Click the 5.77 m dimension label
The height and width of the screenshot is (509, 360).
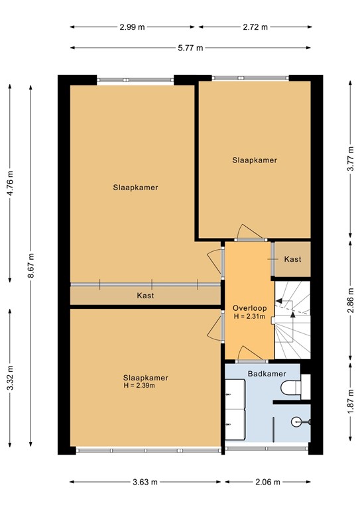point(190,48)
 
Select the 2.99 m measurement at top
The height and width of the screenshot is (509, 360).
point(133,27)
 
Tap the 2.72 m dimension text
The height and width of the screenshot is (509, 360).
point(255,27)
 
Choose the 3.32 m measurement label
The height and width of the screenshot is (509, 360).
point(10,379)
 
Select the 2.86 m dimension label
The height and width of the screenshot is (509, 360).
point(349,302)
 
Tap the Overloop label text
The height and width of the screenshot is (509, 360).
point(249,308)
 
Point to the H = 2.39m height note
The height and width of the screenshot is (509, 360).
point(145,386)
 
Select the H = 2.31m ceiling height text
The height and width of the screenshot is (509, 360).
point(249,317)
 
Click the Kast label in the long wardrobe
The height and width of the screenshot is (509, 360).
point(145,296)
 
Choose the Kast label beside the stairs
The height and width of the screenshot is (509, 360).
point(292,259)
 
